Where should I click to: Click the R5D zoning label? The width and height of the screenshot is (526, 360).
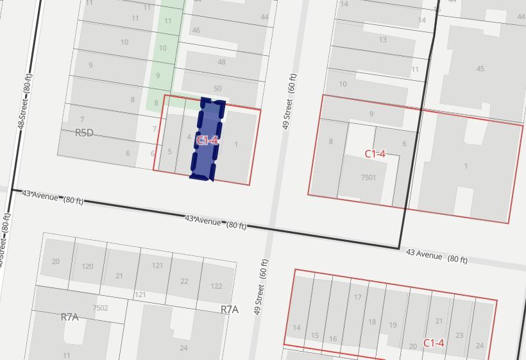click(84, 133)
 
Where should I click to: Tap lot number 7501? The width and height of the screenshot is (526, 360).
click(368, 178)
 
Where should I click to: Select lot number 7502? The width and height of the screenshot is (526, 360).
click(100, 308)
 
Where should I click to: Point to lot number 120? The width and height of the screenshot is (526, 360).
click(87, 266)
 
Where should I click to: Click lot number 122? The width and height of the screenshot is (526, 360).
click(216, 286)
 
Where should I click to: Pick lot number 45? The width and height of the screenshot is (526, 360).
click(480, 69)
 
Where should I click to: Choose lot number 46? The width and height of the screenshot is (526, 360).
click(196, 30)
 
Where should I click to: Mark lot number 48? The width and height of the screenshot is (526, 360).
click(221, 62)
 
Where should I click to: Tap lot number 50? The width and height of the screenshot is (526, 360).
click(217, 89)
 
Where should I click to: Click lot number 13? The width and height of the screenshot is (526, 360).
click(382, 40)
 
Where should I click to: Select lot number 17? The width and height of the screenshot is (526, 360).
click(357, 297)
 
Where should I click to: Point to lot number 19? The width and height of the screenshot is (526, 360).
click(393, 325)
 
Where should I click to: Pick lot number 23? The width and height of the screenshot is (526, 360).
click(459, 335)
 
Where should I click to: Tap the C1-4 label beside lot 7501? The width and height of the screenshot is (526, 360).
click(375, 153)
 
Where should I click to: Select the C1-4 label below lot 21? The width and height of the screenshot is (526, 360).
click(434, 343)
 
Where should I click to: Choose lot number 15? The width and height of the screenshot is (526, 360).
click(314, 336)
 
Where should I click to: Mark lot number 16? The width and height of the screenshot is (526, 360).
click(333, 339)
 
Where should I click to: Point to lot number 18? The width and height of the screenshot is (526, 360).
click(372, 322)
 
